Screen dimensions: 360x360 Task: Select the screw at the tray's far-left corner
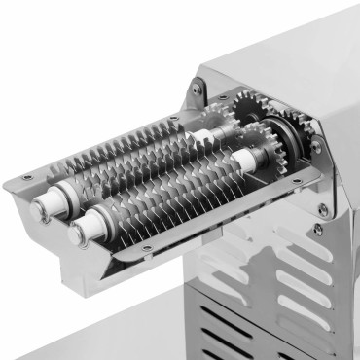tap(27, 177)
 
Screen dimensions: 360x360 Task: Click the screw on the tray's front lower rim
tap(147, 249)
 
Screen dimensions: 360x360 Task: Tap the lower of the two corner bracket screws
tap(318, 230)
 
